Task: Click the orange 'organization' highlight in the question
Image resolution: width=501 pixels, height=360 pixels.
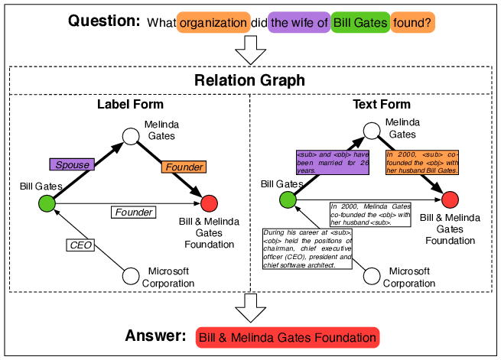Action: coord(213,23)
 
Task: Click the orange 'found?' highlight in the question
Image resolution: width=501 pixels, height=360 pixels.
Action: coord(413,23)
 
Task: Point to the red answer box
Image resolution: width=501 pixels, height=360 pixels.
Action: coord(287,337)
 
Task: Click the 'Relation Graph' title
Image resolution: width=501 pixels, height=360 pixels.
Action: coord(250,80)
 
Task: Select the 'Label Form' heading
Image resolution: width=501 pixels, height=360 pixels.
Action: coord(130,104)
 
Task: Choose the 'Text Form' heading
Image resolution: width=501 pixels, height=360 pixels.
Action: coord(381,104)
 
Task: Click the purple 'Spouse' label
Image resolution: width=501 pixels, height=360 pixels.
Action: coord(73,164)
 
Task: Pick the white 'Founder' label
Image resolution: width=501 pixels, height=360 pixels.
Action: coord(133,212)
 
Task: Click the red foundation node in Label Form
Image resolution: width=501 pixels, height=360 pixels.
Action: coord(209,203)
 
